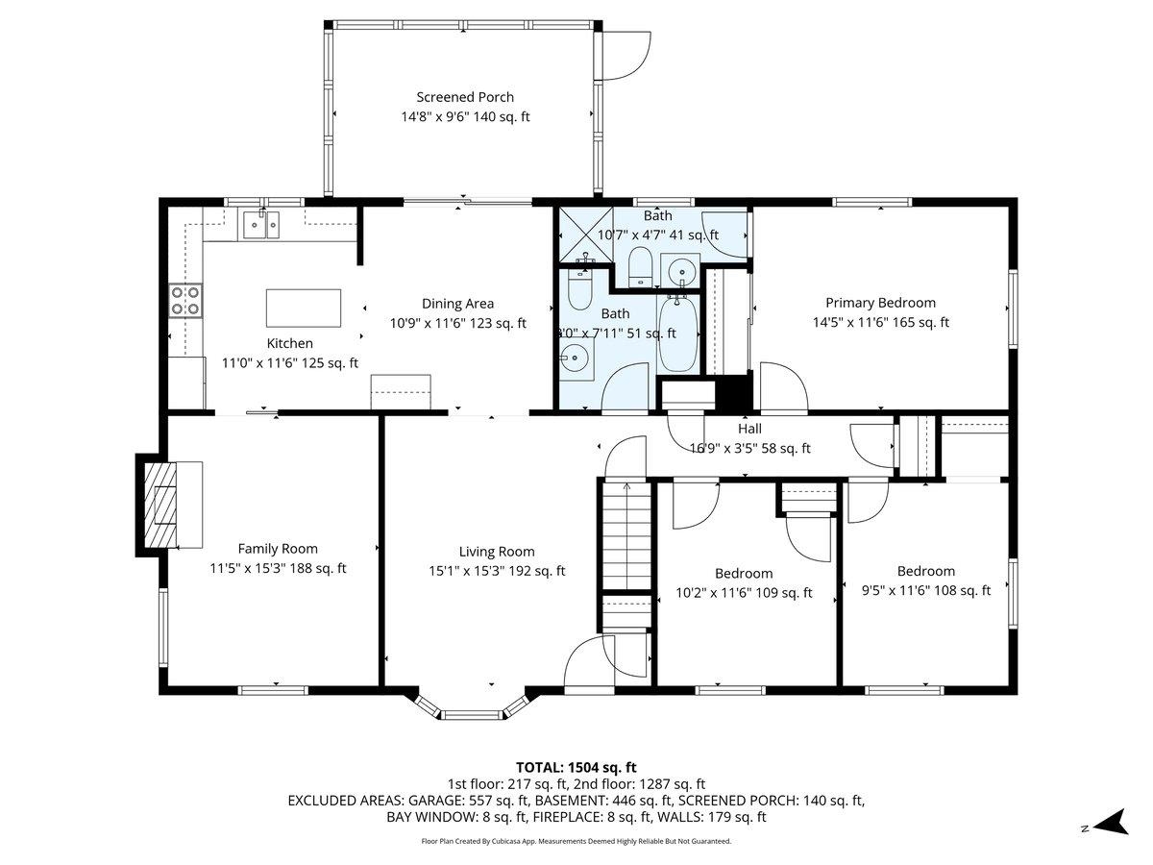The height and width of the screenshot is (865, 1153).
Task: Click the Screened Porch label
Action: (x=465, y=97)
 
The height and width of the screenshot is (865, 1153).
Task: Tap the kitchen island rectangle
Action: (x=303, y=308)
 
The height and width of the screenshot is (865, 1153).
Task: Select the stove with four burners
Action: (x=185, y=301)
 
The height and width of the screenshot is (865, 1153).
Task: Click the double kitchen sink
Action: (x=259, y=224)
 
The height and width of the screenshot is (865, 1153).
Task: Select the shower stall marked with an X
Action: (x=584, y=235)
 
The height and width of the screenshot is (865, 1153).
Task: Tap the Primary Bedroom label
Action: (x=880, y=303)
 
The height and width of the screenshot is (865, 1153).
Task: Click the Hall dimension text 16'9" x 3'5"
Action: (x=749, y=448)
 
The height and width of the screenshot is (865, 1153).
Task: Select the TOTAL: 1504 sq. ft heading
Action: (x=576, y=767)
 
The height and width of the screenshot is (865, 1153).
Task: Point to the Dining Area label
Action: (x=457, y=304)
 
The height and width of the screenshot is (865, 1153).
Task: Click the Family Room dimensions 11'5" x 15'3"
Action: (x=278, y=568)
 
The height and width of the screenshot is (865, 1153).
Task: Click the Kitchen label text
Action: (x=289, y=343)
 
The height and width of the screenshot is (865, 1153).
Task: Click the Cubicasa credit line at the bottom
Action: (x=576, y=841)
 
